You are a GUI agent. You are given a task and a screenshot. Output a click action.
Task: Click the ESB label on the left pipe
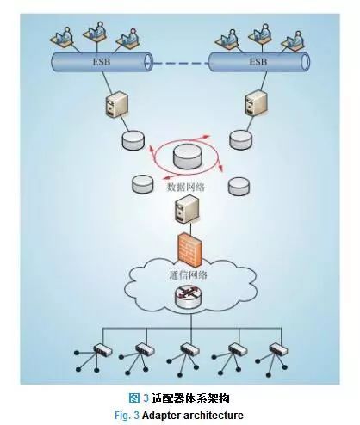(102, 62)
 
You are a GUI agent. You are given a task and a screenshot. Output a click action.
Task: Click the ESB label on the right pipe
(258, 62)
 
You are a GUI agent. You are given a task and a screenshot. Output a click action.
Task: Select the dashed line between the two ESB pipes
(181, 63)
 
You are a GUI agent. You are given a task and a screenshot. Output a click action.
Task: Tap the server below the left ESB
(115, 104)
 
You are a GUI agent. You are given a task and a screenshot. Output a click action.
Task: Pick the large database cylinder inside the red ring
(188, 157)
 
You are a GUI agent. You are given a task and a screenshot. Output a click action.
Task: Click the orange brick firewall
(189, 249)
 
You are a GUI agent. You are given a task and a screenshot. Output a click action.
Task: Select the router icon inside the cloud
(188, 297)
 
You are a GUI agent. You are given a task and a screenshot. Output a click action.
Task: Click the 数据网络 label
(186, 188)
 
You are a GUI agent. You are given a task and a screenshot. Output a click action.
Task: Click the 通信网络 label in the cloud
(189, 275)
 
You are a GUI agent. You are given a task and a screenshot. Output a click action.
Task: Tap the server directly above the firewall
(187, 208)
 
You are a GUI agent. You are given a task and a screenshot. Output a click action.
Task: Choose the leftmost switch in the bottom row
(102, 350)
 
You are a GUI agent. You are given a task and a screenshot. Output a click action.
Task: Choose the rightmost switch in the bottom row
(278, 349)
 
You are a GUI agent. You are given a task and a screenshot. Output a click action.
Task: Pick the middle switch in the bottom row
(189, 350)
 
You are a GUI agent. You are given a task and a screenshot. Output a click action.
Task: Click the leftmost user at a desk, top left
(61, 36)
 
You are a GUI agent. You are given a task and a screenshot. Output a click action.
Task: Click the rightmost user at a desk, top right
(293, 40)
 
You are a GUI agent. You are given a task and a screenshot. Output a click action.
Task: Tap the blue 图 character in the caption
(134, 398)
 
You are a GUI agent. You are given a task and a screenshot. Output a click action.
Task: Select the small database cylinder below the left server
(133, 140)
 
